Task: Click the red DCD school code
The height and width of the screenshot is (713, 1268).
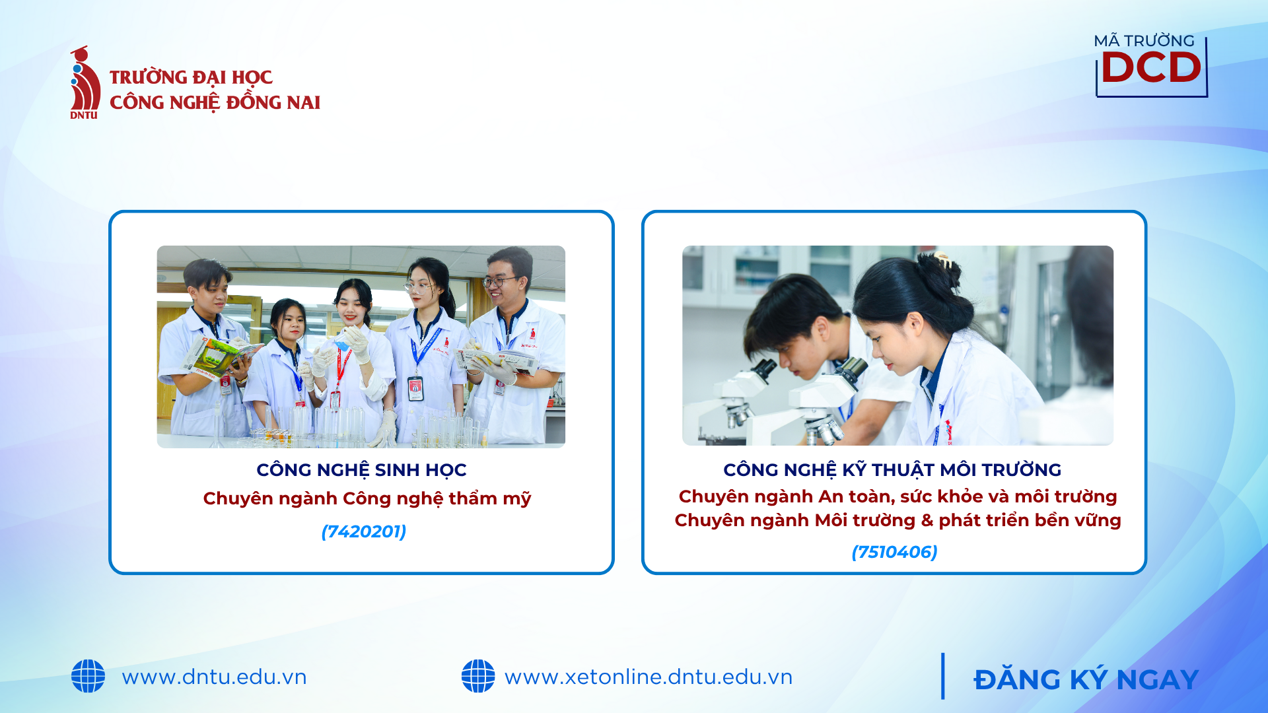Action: [x=1151, y=67]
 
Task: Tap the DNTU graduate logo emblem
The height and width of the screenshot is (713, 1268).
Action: [x=85, y=83]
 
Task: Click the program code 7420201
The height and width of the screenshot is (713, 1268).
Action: [x=364, y=531]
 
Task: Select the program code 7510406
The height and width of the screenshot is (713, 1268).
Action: [x=895, y=552]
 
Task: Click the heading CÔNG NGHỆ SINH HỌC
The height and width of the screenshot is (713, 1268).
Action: [x=361, y=470]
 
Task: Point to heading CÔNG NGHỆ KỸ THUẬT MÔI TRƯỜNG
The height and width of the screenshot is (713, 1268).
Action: [x=892, y=470]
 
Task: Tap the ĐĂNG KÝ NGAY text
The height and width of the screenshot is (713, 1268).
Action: [x=1086, y=679]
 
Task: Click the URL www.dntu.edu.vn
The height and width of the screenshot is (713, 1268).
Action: [x=214, y=677]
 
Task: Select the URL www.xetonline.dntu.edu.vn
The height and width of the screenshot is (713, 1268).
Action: [x=649, y=677]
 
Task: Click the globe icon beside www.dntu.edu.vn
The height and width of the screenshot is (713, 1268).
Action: [x=88, y=676]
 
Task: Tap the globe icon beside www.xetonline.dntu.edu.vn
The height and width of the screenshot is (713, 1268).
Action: [x=478, y=676]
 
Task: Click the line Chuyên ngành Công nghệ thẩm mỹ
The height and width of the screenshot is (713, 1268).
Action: [x=367, y=498]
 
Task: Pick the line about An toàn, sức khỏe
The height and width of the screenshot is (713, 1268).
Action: [x=898, y=496]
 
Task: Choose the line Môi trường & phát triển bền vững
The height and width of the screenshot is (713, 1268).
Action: [x=898, y=520]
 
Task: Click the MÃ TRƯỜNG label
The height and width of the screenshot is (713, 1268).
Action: [x=1144, y=41]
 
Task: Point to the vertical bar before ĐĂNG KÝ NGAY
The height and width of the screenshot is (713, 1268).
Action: [x=943, y=676]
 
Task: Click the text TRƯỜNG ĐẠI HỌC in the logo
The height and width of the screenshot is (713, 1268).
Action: [x=191, y=77]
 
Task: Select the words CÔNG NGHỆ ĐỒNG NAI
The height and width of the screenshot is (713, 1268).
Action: [x=215, y=102]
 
